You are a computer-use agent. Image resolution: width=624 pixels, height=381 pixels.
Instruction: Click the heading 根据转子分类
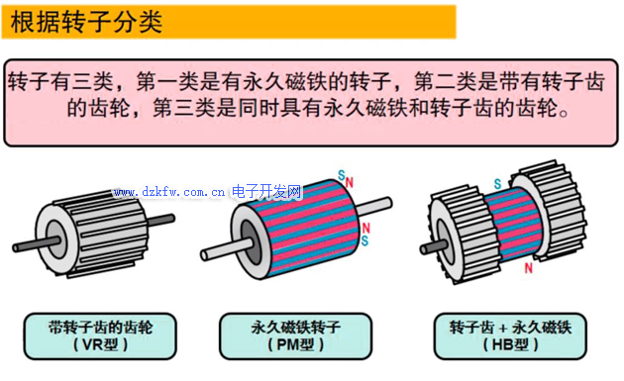click(x=86, y=22)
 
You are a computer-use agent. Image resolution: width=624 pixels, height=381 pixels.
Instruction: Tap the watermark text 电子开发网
click(x=266, y=190)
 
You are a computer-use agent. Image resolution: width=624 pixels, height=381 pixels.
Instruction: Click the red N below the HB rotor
click(x=529, y=267)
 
